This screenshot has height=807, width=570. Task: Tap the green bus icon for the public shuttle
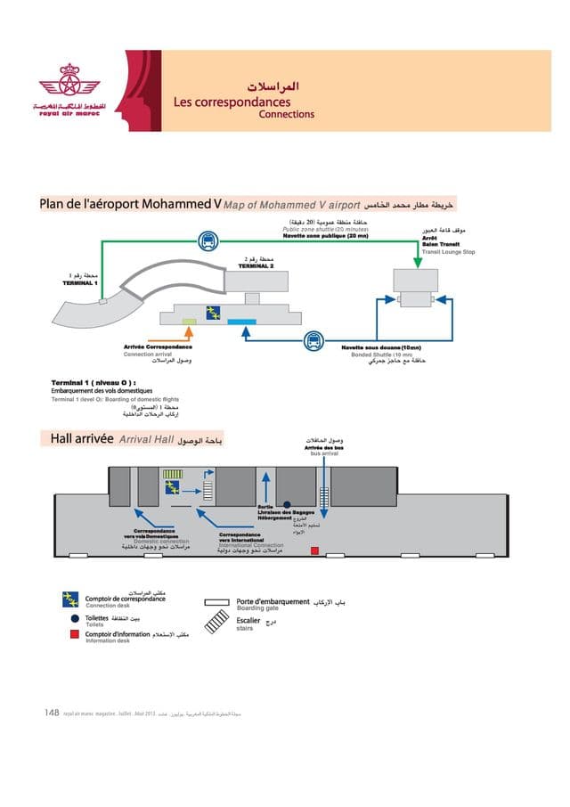click(207, 239)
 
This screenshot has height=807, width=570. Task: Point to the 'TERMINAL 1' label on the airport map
click(78, 282)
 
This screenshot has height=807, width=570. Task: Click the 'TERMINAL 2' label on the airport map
click(255, 265)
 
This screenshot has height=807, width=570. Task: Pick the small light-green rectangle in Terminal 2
click(189, 320)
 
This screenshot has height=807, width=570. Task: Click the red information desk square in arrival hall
click(313, 551)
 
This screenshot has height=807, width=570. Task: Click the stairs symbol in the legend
click(217, 623)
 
